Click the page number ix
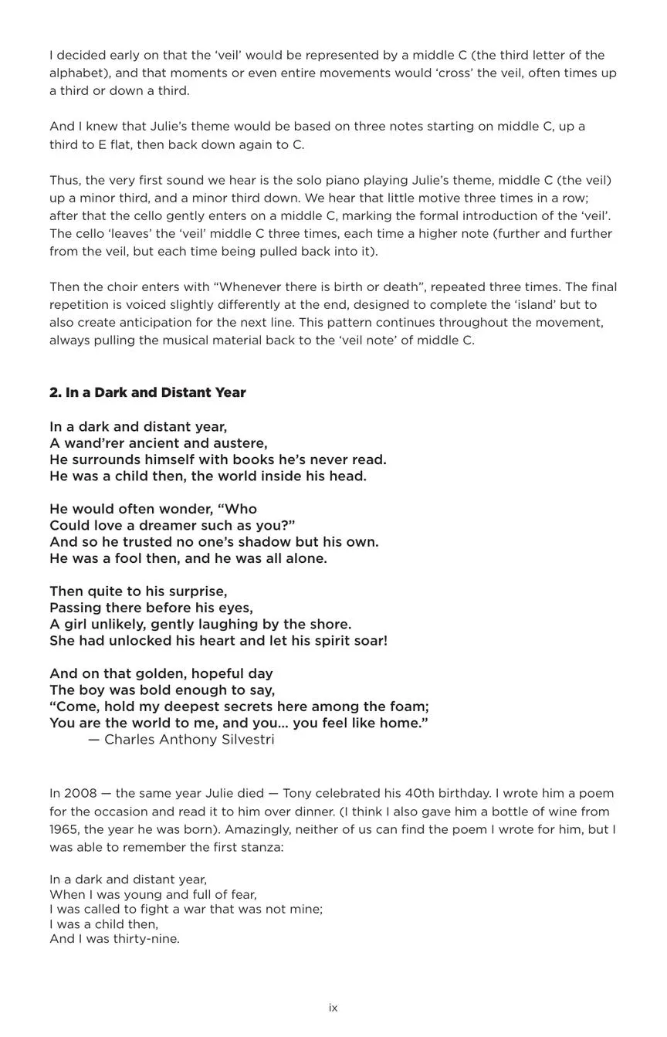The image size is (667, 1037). [x=333, y=1008]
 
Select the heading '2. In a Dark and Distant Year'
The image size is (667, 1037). [x=147, y=392]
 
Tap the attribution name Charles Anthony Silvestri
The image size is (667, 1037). [x=189, y=740]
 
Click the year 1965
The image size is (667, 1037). [x=65, y=829]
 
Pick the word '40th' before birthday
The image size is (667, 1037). [x=400, y=794]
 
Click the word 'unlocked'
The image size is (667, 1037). [x=139, y=641]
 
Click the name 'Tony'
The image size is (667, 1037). [x=297, y=794]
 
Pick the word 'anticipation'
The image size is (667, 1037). [x=139, y=323]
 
